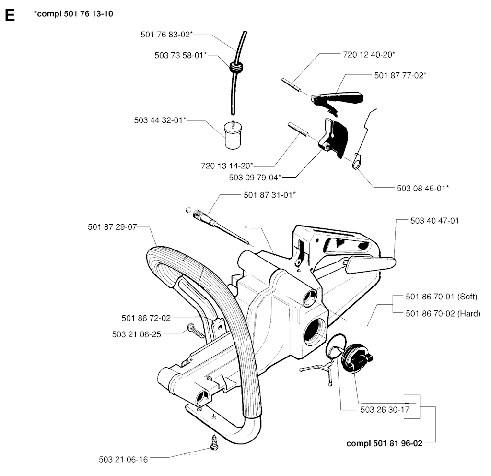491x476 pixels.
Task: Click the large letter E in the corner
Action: click(x=9, y=15)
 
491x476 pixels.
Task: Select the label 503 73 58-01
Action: click(x=181, y=56)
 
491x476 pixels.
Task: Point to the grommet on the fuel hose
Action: click(x=234, y=68)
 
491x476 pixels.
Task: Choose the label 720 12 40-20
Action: click(x=369, y=55)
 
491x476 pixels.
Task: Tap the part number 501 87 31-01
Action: click(x=270, y=194)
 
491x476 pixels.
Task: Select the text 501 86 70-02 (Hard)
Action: click(x=442, y=313)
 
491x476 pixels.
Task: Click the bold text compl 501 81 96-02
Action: click(x=385, y=443)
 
